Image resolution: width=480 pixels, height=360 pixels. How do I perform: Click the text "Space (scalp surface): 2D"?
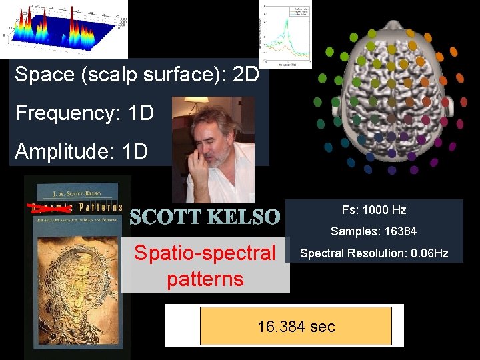click(x=137, y=74)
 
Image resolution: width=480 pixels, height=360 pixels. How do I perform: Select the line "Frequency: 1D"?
click(x=84, y=113)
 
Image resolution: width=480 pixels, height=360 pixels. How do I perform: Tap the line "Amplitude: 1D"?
click(x=81, y=151)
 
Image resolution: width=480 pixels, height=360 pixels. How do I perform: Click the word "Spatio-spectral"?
click(x=205, y=253)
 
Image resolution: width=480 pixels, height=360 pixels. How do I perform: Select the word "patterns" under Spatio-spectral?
click(x=205, y=278)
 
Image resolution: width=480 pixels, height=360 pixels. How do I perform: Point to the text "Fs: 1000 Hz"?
click(x=373, y=210)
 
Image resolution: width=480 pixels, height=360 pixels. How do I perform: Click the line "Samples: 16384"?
click(x=373, y=231)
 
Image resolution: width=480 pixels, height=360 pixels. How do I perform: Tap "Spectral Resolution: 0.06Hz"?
click(x=373, y=253)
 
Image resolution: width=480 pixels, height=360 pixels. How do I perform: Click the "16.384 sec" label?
click(x=296, y=326)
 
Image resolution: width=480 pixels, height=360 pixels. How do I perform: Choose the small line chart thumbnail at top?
click(x=285, y=34)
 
